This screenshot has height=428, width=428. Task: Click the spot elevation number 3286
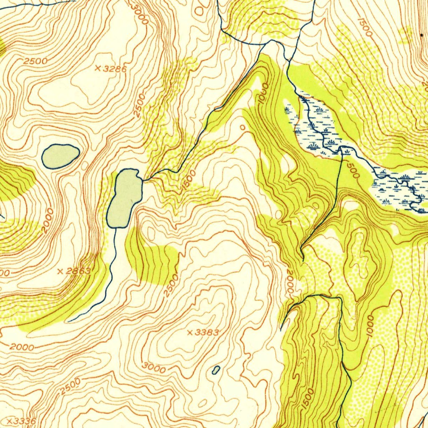[114, 69]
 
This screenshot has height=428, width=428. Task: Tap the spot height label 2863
[78, 271]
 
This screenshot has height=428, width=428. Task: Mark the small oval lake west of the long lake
[61, 156]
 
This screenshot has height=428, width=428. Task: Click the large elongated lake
[124, 198]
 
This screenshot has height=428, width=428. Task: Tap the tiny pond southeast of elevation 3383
[216, 370]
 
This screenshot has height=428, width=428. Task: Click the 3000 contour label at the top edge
[139, 14]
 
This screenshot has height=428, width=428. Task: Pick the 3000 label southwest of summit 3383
[154, 368]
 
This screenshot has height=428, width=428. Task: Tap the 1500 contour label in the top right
[364, 26]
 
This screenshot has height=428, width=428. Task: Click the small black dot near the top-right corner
[421, 35]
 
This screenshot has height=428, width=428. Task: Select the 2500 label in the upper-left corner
[35, 61]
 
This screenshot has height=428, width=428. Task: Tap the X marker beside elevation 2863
[60, 271]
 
